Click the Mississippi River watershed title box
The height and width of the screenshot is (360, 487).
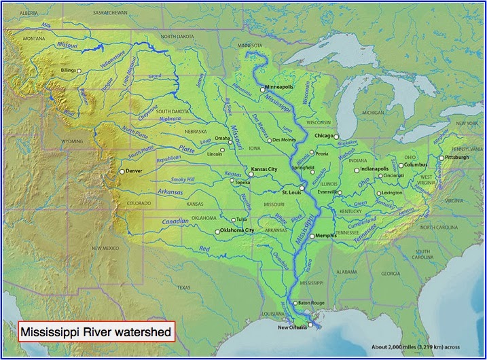point(96,333)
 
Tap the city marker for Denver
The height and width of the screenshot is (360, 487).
point(122,172)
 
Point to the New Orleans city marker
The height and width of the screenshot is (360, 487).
point(310,325)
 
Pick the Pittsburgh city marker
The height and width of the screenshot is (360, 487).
point(441,158)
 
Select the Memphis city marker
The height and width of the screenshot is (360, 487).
point(312,236)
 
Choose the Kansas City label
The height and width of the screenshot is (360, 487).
point(265,168)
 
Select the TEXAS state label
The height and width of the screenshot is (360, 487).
point(185,287)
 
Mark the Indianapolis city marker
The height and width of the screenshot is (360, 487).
point(357,170)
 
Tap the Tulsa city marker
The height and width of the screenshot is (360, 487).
point(234,219)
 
